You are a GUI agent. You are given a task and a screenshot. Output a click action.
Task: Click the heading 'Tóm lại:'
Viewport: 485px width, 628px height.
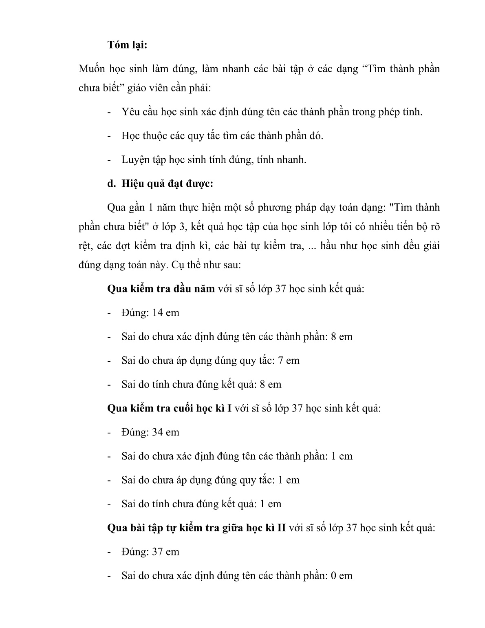pyautogui.click(x=127, y=45)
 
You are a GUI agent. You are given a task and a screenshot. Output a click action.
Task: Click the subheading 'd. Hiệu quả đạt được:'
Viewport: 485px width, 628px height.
pyautogui.click(x=160, y=184)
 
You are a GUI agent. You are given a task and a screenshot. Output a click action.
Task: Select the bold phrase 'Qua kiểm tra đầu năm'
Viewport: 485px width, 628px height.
pyautogui.click(x=161, y=289)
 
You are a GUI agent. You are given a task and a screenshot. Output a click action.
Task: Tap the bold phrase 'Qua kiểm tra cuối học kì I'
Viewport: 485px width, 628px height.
pyautogui.click(x=169, y=408)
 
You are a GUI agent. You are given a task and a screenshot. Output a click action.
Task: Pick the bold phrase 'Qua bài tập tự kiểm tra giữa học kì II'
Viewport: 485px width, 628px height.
pyautogui.click(x=196, y=528)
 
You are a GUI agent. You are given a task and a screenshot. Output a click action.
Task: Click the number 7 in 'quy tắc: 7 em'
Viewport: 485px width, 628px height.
pyautogui.click(x=281, y=360)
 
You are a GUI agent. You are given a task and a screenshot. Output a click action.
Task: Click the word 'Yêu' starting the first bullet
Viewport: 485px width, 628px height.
pyautogui.click(x=129, y=112)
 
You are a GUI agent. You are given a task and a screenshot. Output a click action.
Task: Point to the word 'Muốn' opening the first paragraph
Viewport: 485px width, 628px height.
pyautogui.click(x=92, y=69)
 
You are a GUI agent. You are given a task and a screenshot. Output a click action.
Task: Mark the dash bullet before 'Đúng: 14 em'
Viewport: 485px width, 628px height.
pyautogui.click(x=109, y=313)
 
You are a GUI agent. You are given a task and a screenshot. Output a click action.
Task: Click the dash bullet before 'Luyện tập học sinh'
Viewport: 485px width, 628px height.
pyautogui.click(x=109, y=160)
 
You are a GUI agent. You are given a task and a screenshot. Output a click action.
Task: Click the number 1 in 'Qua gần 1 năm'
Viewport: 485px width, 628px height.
pyautogui.click(x=149, y=208)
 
